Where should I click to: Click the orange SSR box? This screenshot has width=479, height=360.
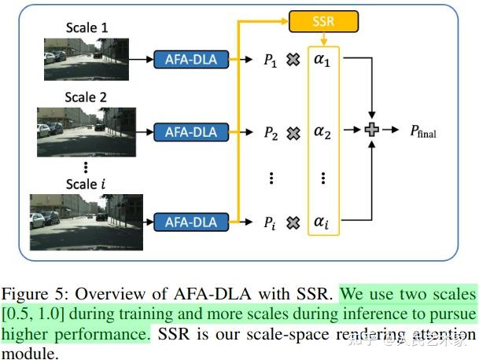pos(322,21)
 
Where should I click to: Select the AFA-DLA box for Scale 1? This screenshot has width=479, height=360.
pos(190,59)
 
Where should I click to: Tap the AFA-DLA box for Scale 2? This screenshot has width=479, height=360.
pos(190,131)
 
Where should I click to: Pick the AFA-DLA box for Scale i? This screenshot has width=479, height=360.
pos(190,222)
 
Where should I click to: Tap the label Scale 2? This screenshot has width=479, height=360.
pos(87,98)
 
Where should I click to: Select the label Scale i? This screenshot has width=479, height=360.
pos(86,185)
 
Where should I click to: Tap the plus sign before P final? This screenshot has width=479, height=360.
pos(373,130)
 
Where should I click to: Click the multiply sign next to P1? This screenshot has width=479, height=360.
pos(293,59)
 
